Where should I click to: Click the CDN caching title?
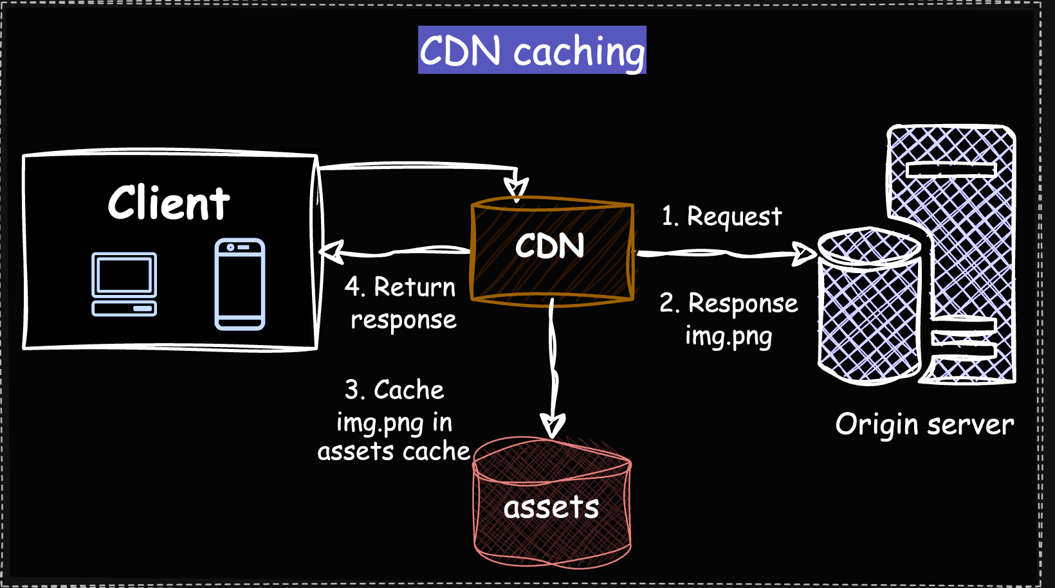[532, 51]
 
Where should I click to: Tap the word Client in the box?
[169, 203]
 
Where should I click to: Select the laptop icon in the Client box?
[124, 284]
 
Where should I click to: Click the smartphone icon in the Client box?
[240, 284]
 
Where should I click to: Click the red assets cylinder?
[552, 504]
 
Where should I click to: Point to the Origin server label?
[924, 425]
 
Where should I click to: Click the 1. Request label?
[722, 217]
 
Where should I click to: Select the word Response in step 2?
[742, 303]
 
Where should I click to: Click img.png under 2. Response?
[728, 336]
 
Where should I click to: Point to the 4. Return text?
[400, 287]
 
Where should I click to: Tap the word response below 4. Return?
[403, 320]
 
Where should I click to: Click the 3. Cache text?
[394, 390]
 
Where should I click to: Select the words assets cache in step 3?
[394, 452]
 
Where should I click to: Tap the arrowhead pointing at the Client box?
[331, 252]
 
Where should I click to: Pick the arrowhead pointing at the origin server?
[804, 254]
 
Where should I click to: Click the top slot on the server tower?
[950, 170]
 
